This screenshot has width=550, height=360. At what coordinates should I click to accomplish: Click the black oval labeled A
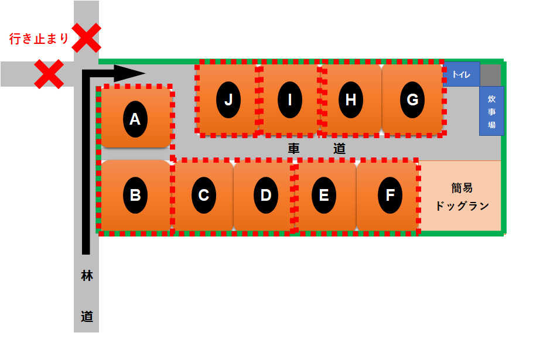135,119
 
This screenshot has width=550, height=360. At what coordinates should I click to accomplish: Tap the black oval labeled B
135,195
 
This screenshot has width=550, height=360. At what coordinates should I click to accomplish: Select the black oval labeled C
203,195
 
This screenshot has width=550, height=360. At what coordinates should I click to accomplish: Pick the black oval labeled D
265,195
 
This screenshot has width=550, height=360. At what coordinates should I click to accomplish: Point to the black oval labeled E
323,195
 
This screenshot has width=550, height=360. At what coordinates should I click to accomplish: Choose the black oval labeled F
390,195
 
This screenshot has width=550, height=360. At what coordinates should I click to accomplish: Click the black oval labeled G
412,100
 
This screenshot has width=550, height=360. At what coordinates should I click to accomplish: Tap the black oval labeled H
350,100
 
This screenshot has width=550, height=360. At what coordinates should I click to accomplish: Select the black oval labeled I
289,100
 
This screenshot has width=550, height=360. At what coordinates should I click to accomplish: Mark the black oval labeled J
228,100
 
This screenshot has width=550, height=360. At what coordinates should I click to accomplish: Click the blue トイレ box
462,74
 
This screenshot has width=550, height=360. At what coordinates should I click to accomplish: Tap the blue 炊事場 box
491,111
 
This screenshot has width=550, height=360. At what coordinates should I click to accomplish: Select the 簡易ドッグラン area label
462,197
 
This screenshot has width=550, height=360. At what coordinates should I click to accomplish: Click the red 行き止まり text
39,39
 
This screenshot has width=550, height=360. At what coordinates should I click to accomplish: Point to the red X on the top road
86,37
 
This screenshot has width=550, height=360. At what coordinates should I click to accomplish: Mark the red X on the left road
49,74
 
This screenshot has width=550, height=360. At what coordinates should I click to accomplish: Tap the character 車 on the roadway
293,149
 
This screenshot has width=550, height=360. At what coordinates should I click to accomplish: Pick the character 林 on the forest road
87,276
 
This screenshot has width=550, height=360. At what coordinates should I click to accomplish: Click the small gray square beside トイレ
491,74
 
